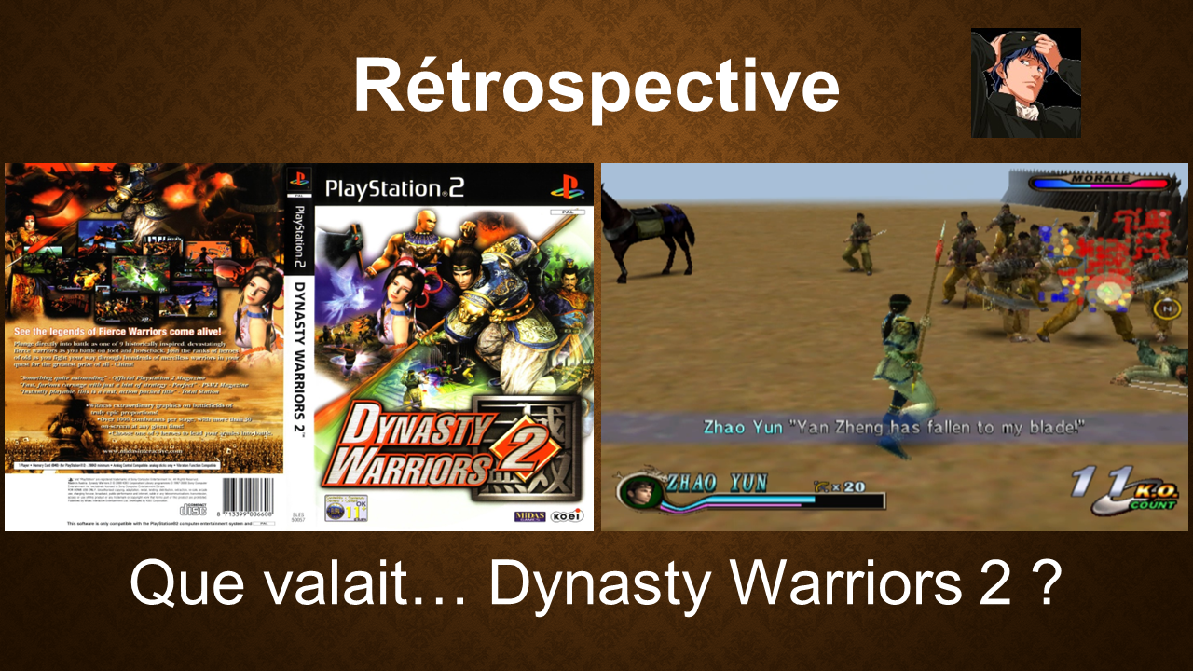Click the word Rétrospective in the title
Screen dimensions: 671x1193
596,87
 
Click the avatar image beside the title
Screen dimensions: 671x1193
1025,83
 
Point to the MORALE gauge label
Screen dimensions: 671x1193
1101,178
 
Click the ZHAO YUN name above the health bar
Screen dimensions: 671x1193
717,482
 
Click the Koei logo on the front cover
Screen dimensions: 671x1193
563,515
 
